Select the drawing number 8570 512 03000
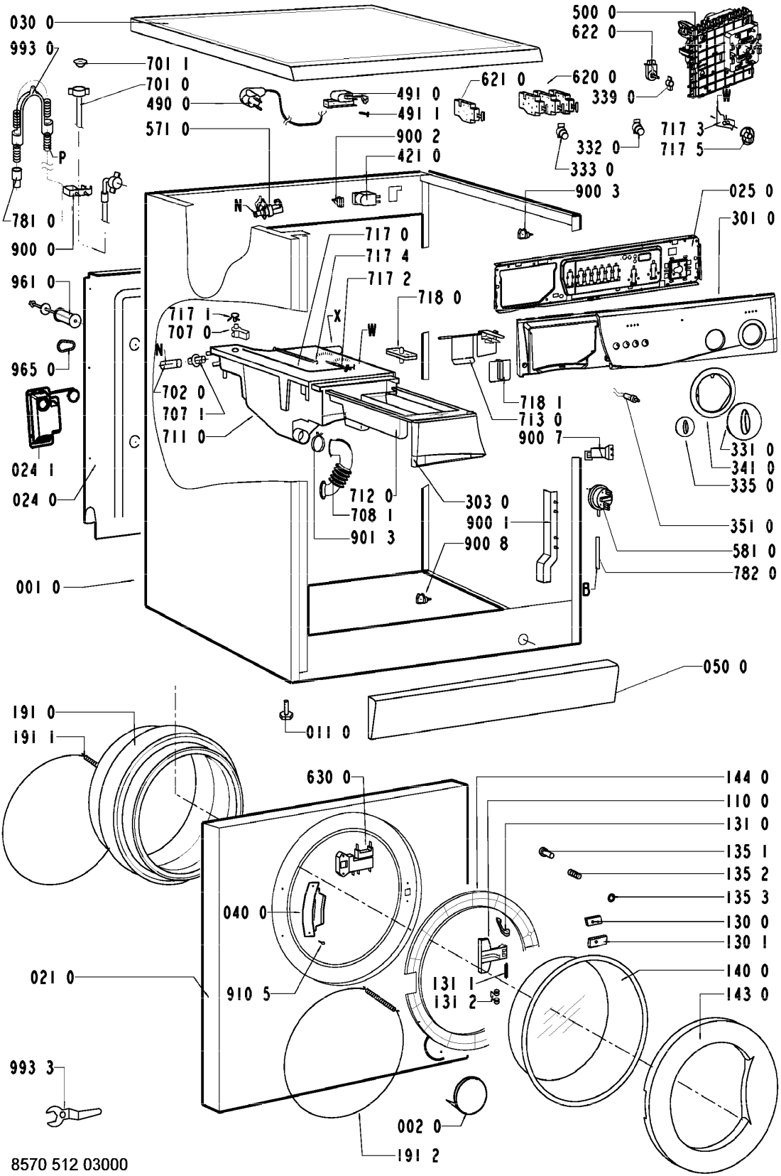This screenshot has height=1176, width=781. (70, 1165)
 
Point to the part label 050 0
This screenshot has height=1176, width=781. (726, 667)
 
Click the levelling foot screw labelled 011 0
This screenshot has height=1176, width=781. (286, 708)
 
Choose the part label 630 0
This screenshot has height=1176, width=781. (328, 777)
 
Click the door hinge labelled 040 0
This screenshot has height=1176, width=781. (314, 910)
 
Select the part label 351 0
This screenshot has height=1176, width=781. (753, 526)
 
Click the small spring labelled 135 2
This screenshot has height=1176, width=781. (576, 874)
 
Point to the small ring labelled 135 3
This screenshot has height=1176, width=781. (611, 897)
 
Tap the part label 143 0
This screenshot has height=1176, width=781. (748, 994)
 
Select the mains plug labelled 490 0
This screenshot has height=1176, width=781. (251, 99)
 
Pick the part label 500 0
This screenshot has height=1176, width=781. (594, 12)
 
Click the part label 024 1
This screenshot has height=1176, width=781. (33, 470)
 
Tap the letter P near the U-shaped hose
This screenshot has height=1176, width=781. (62, 158)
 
